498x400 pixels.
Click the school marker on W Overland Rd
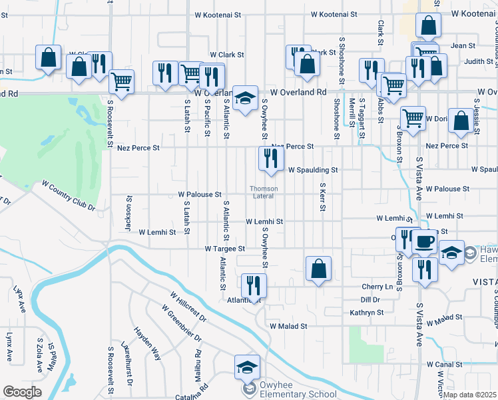pos(244,97)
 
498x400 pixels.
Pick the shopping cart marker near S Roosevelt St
pos(121,82)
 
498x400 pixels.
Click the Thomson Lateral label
pos(263,191)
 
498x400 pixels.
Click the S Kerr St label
pos(322,197)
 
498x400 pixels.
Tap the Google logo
pos(21,392)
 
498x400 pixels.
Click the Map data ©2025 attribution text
pos(469,395)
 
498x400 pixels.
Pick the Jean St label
pos(463,46)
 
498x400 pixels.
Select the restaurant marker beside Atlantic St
pos(253,285)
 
